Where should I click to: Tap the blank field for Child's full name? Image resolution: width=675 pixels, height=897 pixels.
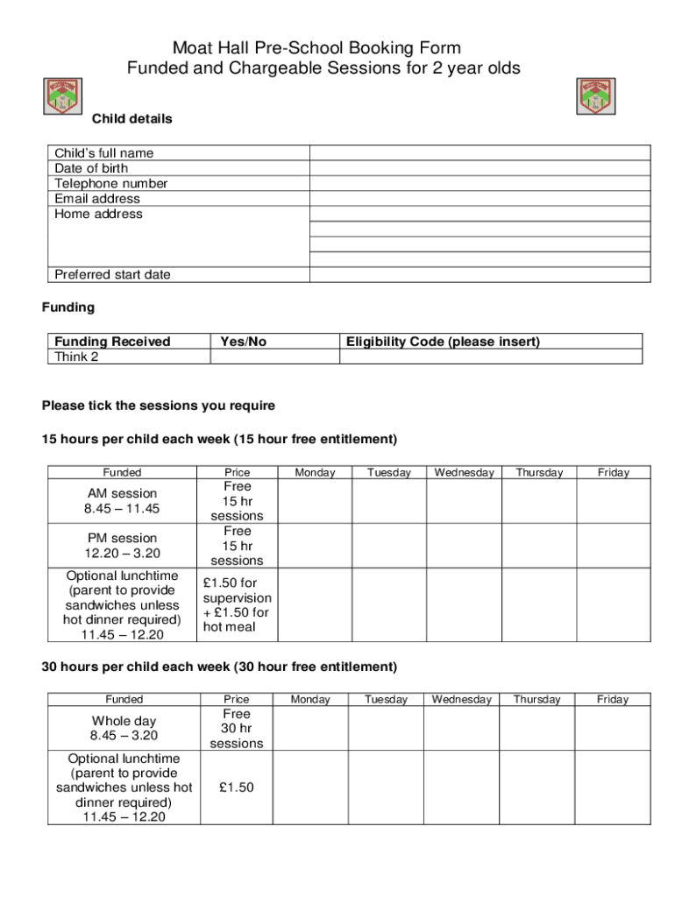pos(480,153)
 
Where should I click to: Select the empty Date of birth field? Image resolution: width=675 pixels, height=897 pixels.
pos(480,168)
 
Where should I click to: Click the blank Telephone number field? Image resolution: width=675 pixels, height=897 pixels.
pos(480,184)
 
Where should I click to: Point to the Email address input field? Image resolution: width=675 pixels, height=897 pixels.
pos(480,199)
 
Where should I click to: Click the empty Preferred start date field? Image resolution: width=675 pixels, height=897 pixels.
pos(480,275)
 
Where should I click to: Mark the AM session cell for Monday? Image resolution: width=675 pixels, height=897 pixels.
pos(315,501)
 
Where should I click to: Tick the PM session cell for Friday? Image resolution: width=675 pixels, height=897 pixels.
pos(613,546)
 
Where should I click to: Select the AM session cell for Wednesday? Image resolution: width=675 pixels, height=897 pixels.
pos(464,501)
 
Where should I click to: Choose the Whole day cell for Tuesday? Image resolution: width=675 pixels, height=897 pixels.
pos(386,728)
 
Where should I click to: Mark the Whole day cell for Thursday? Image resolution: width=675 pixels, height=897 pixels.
pos(536,728)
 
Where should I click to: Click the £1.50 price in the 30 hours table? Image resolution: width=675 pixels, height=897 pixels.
pos(237,788)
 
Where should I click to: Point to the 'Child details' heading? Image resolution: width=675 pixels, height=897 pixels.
pos(132,119)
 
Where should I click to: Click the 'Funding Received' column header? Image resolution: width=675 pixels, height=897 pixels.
pos(112,342)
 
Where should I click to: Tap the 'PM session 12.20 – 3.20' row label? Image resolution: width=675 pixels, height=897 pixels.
pos(123,546)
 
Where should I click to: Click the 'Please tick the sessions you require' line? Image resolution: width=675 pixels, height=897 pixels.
pos(159,406)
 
